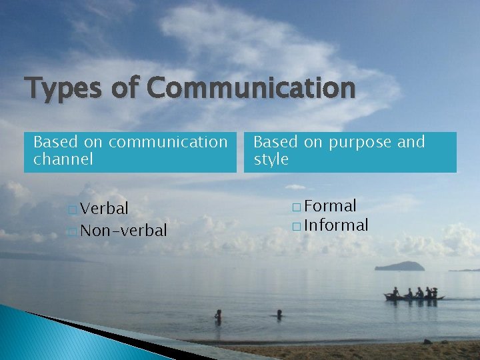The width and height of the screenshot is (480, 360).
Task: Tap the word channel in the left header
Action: coord(63,159)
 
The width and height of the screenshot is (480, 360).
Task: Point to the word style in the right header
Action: coord(271,159)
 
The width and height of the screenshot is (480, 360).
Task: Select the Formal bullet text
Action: coord(330,206)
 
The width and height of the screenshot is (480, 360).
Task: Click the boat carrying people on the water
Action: coord(413,295)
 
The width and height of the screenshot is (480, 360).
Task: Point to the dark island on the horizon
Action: coord(399,266)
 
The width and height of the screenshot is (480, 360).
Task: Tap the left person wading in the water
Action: coord(218,315)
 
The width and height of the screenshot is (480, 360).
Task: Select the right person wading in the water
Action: coord(279,313)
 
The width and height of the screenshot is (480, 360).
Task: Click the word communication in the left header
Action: coord(167,142)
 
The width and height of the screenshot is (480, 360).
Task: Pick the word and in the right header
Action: coord(410,142)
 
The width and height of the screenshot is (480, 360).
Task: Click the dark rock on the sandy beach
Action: coord(427,342)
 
